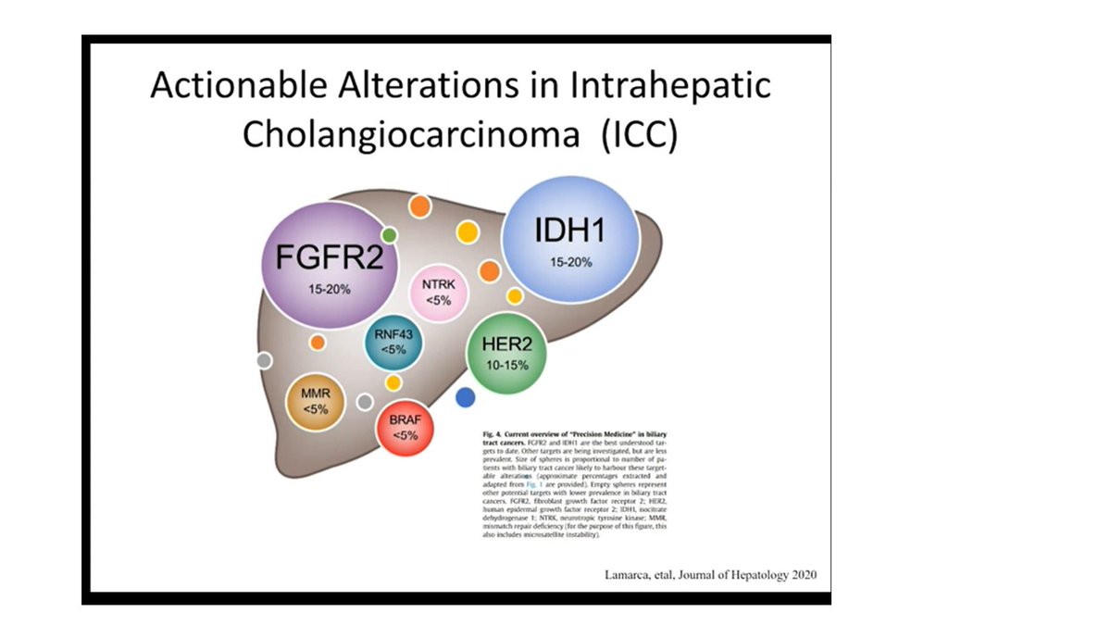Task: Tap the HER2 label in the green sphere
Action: (506, 344)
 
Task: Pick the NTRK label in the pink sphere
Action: (438, 285)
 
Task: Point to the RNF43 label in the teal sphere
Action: (393, 334)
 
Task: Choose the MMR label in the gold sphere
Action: (316, 393)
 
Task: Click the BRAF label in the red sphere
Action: (406, 419)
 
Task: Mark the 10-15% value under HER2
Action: (506, 365)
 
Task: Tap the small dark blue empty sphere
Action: (466, 397)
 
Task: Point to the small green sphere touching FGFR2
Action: (389, 235)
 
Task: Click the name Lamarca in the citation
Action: (623, 575)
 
